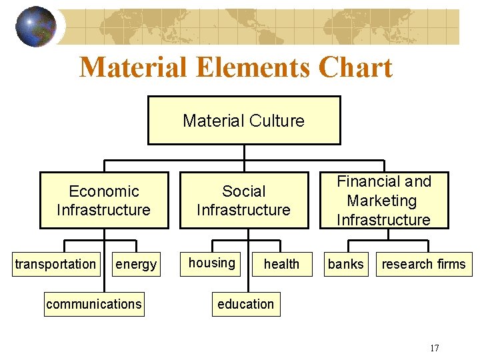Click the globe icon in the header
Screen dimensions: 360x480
[x=36, y=27]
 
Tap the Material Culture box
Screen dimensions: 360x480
[x=244, y=121]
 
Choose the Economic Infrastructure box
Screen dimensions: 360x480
[x=104, y=201]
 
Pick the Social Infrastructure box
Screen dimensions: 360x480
[x=243, y=201]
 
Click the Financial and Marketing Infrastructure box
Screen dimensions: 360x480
[x=383, y=201]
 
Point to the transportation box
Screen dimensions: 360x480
[x=56, y=265]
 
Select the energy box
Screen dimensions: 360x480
[x=136, y=265]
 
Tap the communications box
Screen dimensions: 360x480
[x=94, y=305]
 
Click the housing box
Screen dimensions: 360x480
[x=212, y=263]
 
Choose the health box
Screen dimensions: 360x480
[x=281, y=265]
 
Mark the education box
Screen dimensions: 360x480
[x=245, y=305]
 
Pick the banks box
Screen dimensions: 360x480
[x=346, y=265]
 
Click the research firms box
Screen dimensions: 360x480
[x=423, y=265]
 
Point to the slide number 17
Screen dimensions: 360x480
[x=435, y=347]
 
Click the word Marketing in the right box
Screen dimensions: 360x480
[x=382, y=201]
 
